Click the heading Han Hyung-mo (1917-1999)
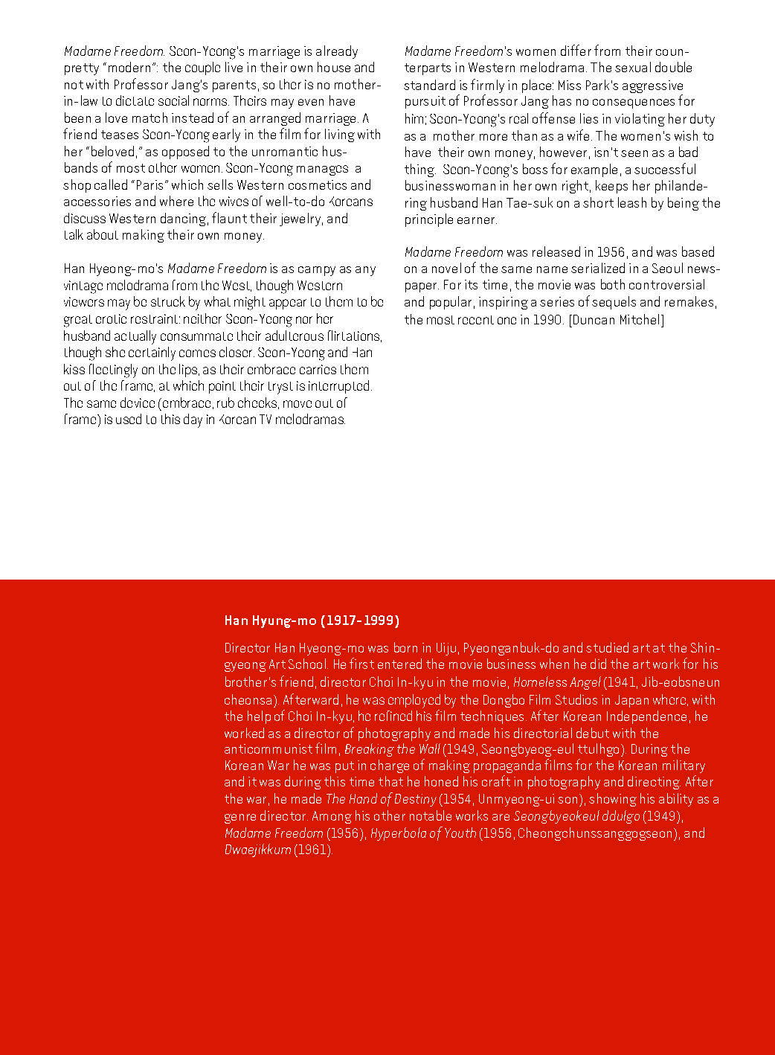312,621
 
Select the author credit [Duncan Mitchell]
617,320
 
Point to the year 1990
547,320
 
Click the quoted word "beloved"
115,152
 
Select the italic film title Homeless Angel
556,682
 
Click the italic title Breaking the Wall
392,749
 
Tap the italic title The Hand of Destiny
381,799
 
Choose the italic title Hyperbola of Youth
423,833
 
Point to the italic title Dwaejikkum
257,850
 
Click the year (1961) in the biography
312,850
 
